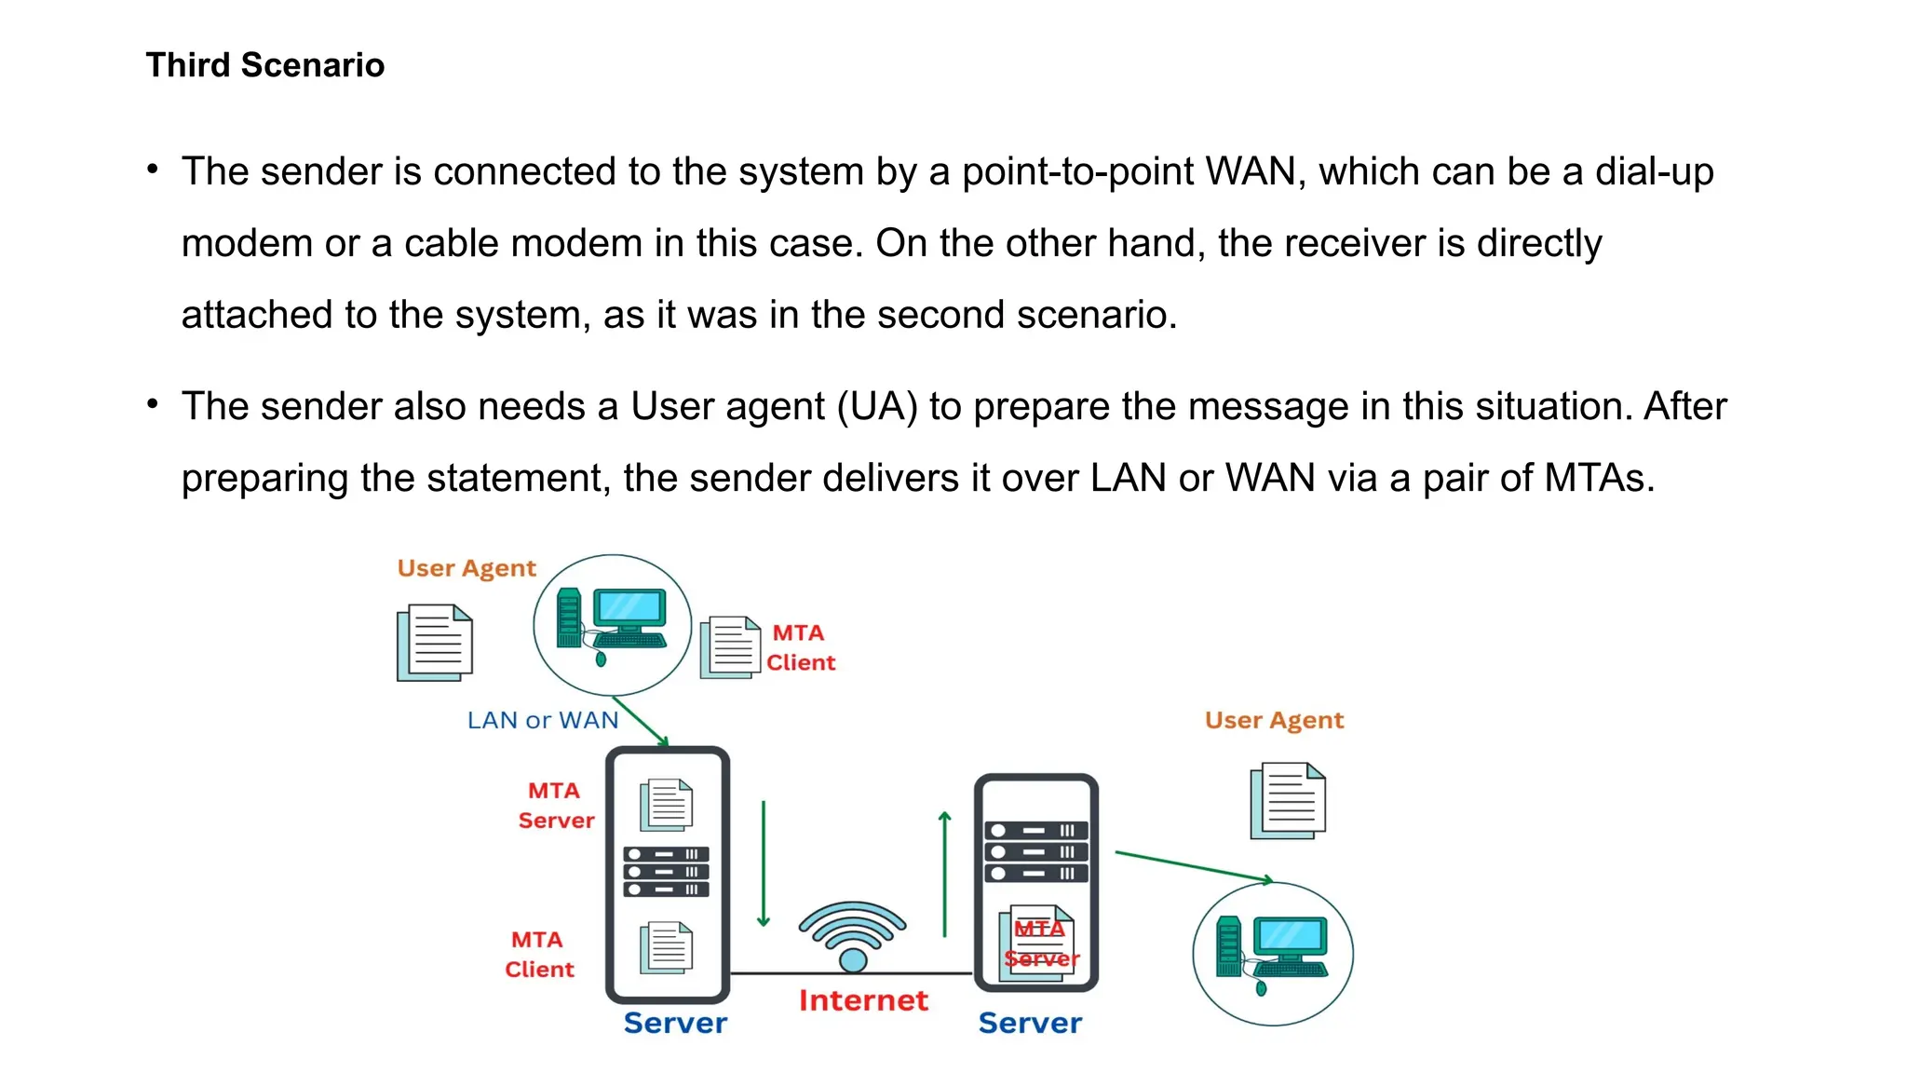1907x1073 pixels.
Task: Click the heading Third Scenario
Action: [264, 65]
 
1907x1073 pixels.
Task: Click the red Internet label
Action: [863, 1000]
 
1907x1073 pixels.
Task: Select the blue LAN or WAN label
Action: [542, 720]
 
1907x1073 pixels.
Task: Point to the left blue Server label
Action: [675, 1023]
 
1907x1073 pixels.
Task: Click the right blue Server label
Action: [1030, 1023]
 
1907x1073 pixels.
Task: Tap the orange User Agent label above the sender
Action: [467, 568]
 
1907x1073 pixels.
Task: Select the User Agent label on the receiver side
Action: [1274, 720]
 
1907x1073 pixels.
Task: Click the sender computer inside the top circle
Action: [612, 621]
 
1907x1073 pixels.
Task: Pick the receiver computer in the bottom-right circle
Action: [1273, 952]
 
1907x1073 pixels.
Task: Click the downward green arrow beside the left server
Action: [764, 862]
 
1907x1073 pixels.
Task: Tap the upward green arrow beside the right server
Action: [944, 873]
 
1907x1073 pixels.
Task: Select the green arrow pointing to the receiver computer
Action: [1193, 866]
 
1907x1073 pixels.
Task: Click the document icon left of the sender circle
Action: [435, 642]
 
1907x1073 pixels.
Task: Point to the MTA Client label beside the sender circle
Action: [800, 647]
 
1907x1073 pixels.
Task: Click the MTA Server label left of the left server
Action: [555, 806]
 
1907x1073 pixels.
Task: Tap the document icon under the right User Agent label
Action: [1288, 800]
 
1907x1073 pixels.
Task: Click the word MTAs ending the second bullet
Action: [1599, 478]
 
